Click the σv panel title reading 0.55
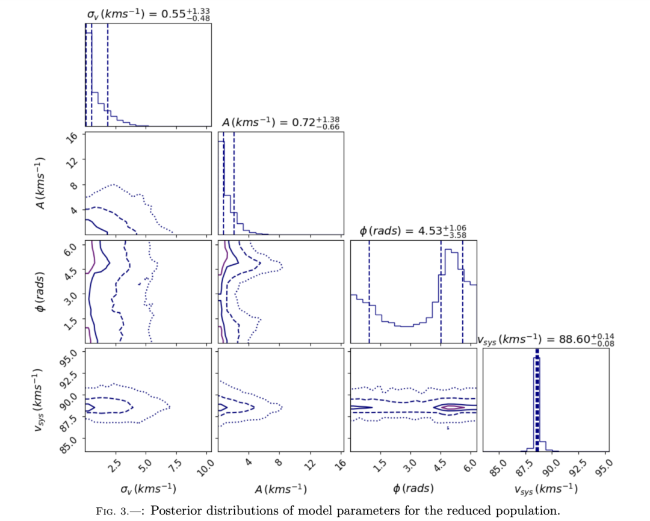(x=148, y=13)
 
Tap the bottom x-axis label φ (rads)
(x=413, y=487)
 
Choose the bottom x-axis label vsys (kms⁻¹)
(x=546, y=488)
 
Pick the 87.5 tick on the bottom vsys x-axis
(x=521, y=467)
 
